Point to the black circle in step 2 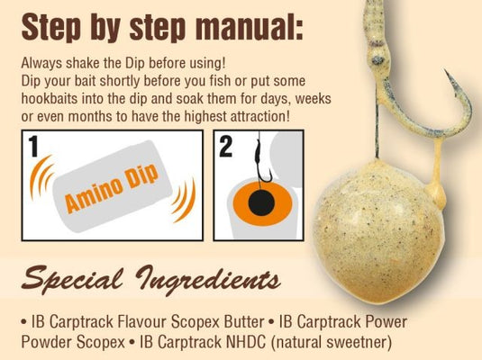click(x=260, y=205)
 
